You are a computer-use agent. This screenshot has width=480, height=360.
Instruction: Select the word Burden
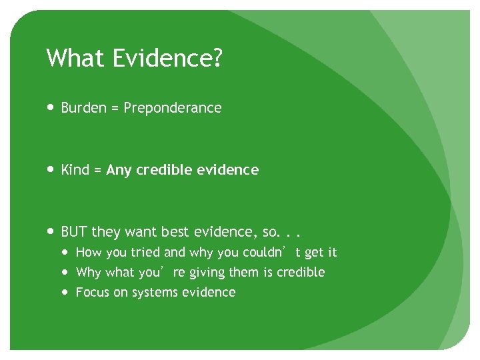(x=84, y=107)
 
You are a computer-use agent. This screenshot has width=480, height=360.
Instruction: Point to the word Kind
(x=75, y=170)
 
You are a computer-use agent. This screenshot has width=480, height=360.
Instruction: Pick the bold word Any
(x=119, y=170)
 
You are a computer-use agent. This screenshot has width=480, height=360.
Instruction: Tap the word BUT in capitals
(x=74, y=232)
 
